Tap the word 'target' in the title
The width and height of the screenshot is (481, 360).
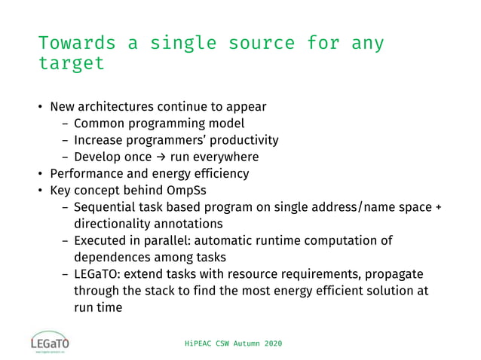[72, 63]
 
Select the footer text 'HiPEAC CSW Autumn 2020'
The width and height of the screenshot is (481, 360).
[234, 343]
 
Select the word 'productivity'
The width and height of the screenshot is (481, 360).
[243, 140]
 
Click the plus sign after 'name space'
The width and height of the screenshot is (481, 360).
[438, 207]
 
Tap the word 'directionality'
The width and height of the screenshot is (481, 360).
[116, 224]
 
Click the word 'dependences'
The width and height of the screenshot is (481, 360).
[110, 258]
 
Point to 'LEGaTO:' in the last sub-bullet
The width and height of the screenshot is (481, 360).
[97, 275]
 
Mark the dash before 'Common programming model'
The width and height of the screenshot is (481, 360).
[65, 124]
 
